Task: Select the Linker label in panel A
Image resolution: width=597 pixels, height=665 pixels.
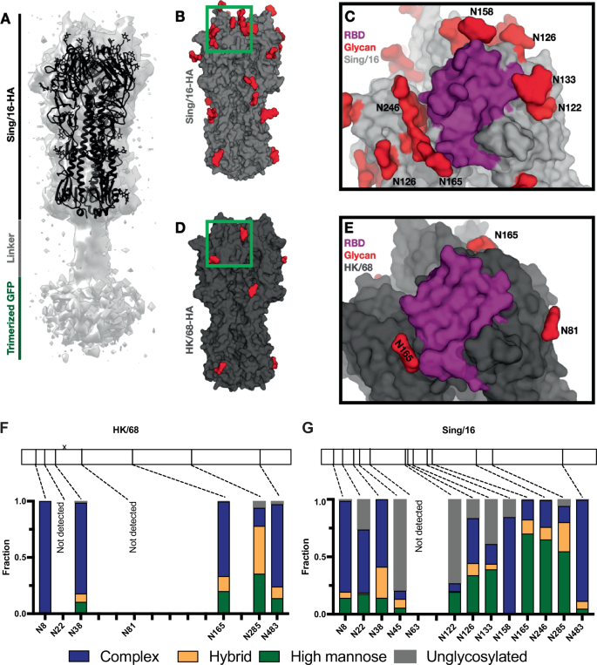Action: (x=12, y=247)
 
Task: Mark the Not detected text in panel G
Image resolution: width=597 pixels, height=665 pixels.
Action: (x=418, y=534)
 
